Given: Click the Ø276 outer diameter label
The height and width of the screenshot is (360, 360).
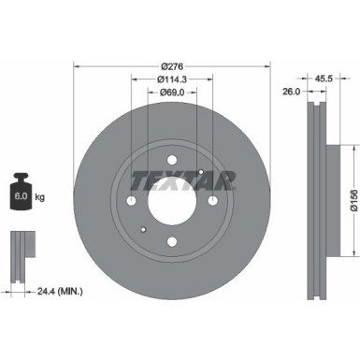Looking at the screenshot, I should coord(171,65).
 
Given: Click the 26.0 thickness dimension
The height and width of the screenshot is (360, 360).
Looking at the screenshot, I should coord(292,93).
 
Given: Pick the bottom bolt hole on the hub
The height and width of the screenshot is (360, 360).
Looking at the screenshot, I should coord(171,243).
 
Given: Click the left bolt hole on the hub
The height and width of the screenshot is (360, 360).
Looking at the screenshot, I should coord(132,204).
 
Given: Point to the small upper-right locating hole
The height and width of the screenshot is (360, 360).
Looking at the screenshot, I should coord(201,173).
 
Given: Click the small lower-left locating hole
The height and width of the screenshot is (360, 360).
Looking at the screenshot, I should coord(142,230).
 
